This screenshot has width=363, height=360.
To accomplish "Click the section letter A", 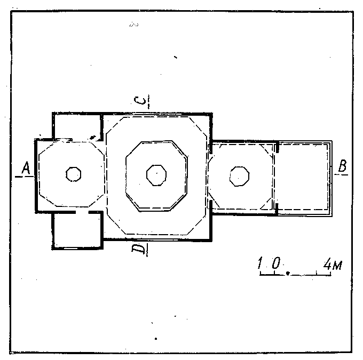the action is [x=26, y=168].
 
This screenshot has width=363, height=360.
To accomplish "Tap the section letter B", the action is [x=343, y=166].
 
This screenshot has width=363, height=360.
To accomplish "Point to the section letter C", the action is [x=140, y=101].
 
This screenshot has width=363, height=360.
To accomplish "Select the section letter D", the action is [x=139, y=249].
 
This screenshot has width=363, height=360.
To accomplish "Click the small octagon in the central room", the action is [x=156, y=175].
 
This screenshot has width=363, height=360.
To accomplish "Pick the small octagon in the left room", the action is [x=73, y=174].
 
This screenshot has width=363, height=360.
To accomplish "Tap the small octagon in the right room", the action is [x=239, y=177].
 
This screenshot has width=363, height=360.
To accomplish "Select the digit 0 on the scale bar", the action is [x=276, y=263].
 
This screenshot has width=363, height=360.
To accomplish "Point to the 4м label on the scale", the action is [x=333, y=264].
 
